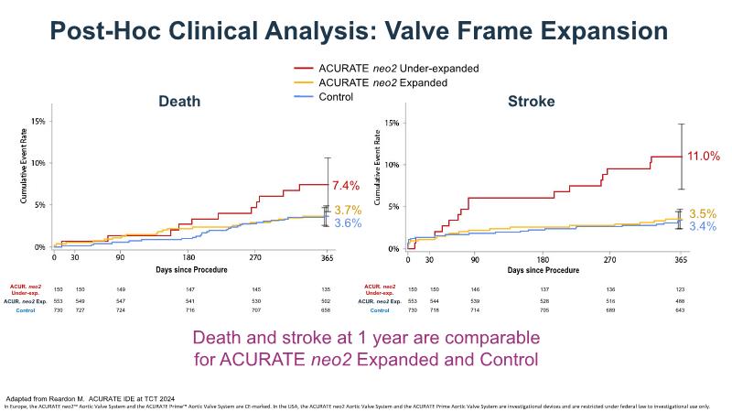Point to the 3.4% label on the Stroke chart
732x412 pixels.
[703, 226]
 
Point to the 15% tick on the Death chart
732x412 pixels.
[38, 121]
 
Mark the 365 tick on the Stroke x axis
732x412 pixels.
[681, 260]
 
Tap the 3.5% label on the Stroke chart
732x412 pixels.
[703, 213]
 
